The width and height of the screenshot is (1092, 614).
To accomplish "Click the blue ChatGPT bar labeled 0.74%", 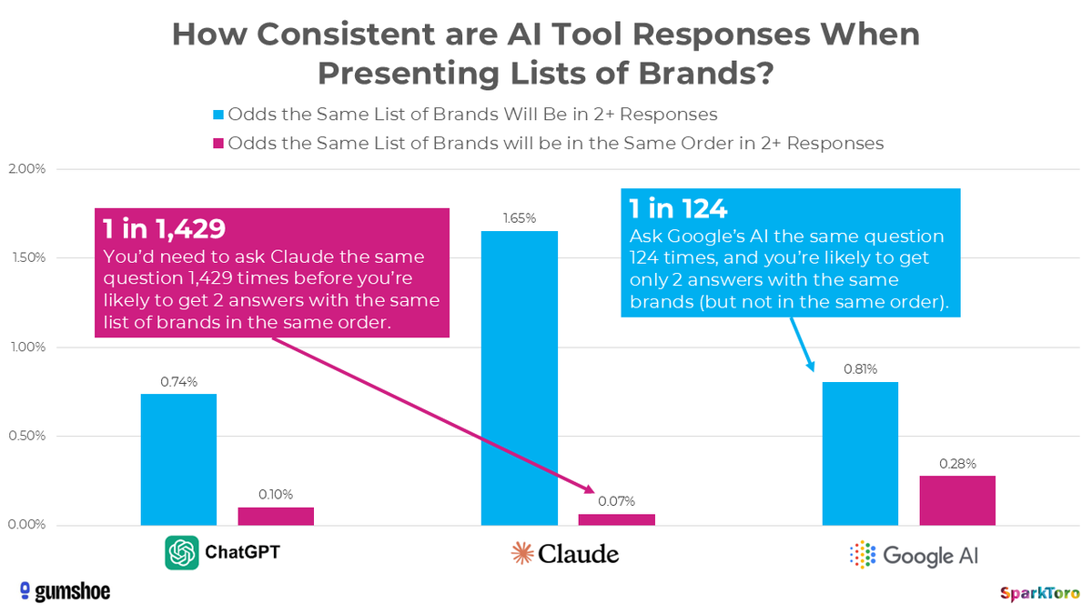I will pos(178,459).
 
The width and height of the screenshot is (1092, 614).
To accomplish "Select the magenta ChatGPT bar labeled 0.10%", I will pos(276,517).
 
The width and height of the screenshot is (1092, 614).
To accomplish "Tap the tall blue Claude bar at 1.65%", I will pos(519,377).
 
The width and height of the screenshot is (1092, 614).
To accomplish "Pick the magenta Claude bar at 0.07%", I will pos(616,519).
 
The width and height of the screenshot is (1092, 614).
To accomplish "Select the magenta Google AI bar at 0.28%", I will pos(957,500).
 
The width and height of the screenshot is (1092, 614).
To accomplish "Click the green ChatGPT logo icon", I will pos(182,553).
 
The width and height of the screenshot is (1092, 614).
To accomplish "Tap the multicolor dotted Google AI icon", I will pos(861,553).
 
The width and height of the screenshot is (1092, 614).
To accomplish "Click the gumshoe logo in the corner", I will pos(65,591).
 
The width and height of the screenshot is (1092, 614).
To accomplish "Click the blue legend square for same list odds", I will pos(217,115).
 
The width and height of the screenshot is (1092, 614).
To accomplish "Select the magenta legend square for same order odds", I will pos(217,143).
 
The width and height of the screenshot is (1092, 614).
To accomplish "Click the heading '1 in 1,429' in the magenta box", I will pos(163,229).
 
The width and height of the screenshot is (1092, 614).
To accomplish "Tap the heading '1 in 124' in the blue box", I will pos(679,209).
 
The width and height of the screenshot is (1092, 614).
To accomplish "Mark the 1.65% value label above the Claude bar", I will pos(519,218).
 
